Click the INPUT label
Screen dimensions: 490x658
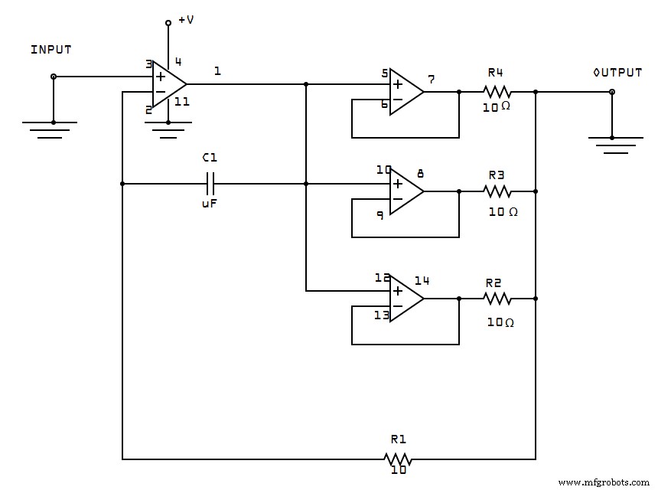tap(50, 50)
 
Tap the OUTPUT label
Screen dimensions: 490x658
tap(617, 73)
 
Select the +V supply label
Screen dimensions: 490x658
tap(186, 20)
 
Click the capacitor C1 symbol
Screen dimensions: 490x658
tap(211, 184)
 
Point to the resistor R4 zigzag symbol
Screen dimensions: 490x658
tap(497, 92)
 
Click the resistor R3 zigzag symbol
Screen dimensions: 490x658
tap(497, 191)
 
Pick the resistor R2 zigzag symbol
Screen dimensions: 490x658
tap(497, 299)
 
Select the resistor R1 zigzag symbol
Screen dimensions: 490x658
tap(398, 459)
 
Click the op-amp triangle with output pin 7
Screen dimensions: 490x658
tap(405, 92)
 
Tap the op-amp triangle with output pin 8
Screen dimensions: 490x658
tap(405, 191)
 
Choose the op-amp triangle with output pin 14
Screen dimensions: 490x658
tap(405, 299)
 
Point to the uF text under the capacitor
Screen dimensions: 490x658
tap(210, 204)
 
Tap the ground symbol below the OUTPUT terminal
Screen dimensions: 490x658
tap(612, 144)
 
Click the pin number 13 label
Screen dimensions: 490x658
tap(382, 315)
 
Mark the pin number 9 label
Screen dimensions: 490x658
tap(380, 216)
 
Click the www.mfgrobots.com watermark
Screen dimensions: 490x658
tap(604, 482)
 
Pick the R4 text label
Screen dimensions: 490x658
tap(495, 73)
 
